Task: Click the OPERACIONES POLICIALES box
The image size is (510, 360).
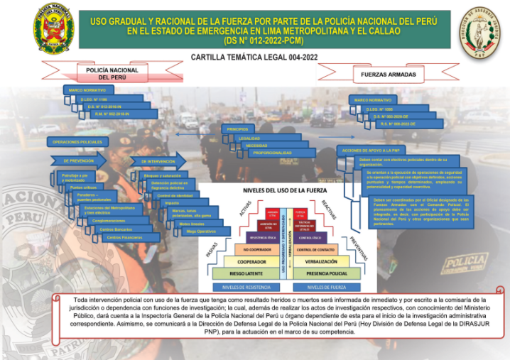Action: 77,142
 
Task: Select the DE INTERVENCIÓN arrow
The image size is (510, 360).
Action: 159,162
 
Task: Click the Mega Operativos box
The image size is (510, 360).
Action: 200,231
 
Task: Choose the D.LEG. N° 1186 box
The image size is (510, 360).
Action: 97,99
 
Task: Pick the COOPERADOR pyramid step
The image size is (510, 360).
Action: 246,261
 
